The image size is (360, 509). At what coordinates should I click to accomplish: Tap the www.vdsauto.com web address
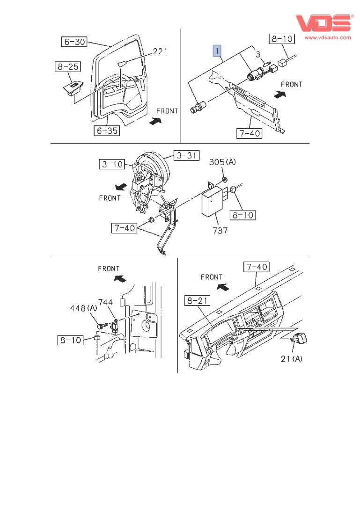click(328, 37)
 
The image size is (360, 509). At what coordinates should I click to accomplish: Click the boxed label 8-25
click(67, 67)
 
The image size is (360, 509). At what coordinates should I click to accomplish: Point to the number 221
click(160, 51)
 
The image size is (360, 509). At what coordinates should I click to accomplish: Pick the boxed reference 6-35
click(107, 131)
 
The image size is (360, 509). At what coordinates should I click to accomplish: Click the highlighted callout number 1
click(217, 51)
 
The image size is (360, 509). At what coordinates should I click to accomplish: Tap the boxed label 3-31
click(186, 155)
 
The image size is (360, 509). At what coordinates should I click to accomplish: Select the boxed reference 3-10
click(111, 164)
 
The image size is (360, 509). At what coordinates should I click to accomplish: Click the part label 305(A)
click(222, 163)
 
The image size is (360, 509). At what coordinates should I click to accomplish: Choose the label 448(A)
click(84, 308)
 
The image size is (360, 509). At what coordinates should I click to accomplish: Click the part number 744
click(106, 302)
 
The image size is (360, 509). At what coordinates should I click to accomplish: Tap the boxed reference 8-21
click(197, 301)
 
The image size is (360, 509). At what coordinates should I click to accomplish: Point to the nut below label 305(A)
click(225, 180)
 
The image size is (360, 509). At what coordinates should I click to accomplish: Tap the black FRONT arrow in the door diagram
click(154, 121)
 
